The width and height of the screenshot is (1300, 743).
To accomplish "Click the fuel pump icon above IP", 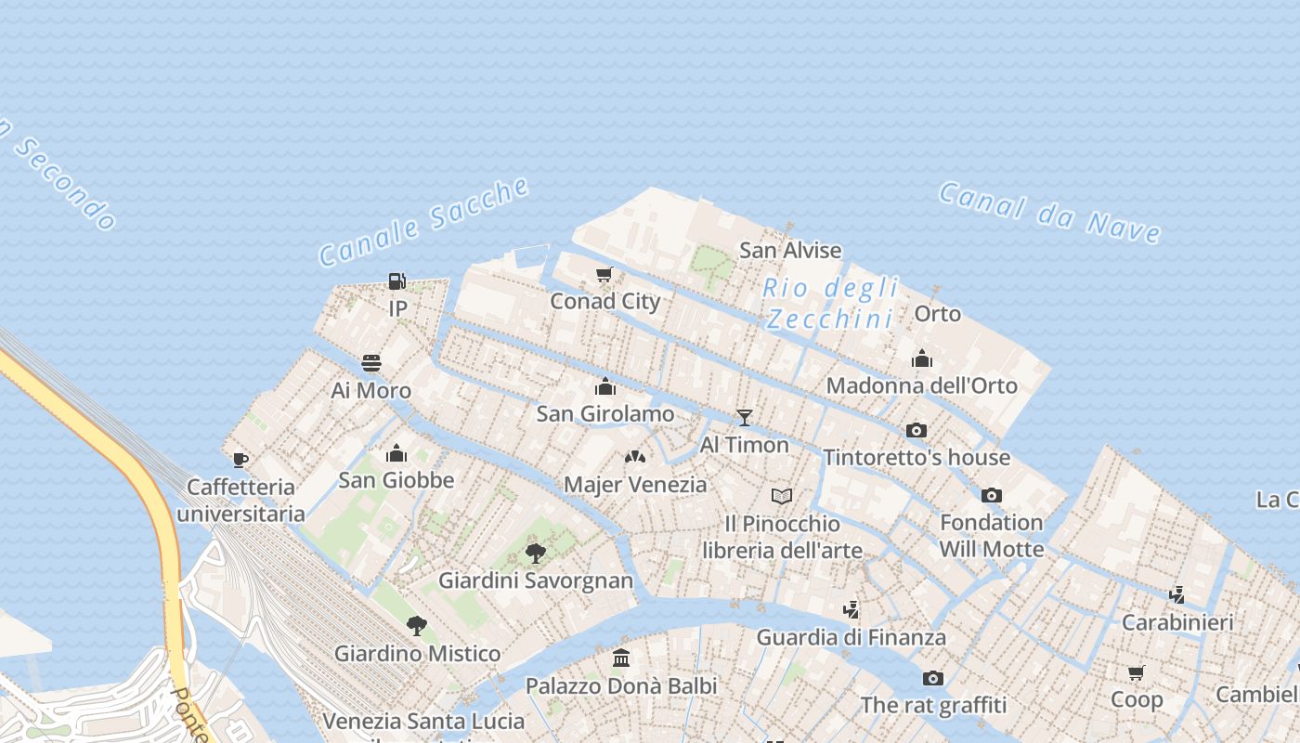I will [x=396, y=280].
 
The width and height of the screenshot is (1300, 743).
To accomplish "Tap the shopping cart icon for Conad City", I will [x=604, y=274].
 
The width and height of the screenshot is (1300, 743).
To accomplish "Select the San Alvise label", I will [x=790, y=250].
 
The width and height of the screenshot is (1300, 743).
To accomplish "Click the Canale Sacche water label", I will [x=423, y=222].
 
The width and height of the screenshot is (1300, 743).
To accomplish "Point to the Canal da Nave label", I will [x=1049, y=213].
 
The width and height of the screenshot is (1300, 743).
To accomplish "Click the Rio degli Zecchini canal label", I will [x=831, y=303].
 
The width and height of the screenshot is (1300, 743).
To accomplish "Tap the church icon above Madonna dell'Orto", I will [x=921, y=358].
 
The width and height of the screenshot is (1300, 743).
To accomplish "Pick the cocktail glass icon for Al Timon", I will [x=744, y=417].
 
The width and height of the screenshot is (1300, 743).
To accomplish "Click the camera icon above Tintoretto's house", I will [x=916, y=430].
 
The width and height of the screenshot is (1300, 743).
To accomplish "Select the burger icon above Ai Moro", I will [x=371, y=363].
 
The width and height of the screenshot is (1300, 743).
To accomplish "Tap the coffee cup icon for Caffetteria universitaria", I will [x=240, y=460].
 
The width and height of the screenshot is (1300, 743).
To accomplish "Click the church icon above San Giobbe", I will [x=396, y=453].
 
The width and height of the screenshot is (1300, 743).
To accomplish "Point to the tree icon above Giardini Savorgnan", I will [x=536, y=554].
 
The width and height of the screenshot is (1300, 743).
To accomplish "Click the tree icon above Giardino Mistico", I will [x=417, y=626].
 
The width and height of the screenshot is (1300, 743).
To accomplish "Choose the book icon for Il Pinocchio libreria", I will [x=783, y=496].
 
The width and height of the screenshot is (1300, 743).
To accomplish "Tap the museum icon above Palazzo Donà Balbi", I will [x=621, y=658].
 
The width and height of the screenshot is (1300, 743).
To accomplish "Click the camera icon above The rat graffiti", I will [x=933, y=678].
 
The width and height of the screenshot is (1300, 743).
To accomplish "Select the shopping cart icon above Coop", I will [x=1137, y=672].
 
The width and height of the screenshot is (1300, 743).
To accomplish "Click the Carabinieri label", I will [x=1177, y=622].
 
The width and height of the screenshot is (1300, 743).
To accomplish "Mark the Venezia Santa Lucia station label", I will [x=423, y=721].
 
